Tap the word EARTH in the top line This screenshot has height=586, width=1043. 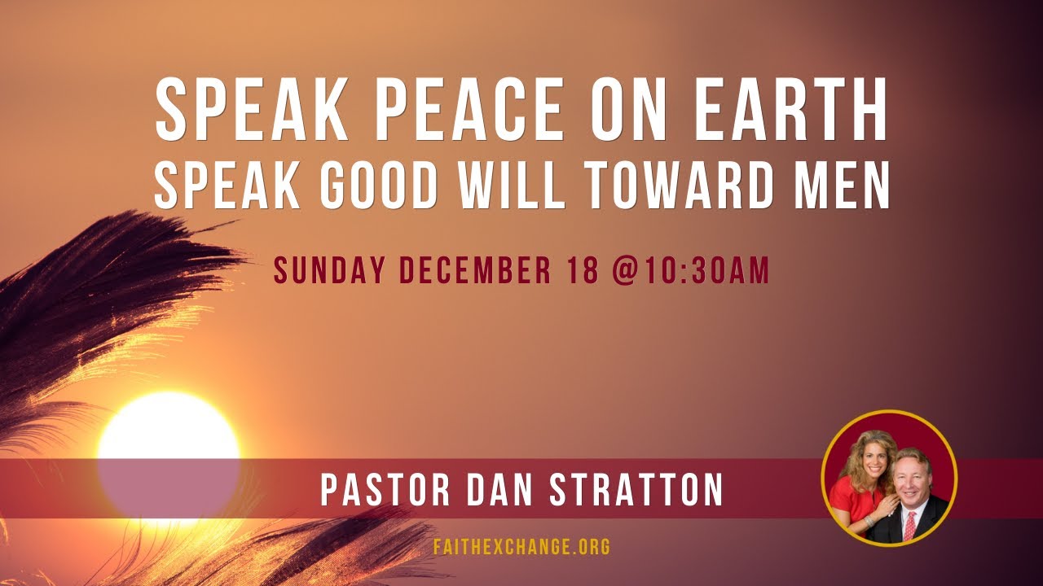pyautogui.click(x=790, y=110)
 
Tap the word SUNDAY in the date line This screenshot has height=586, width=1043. pyautogui.click(x=328, y=270)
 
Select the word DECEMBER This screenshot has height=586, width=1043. pyautogui.click(x=475, y=270)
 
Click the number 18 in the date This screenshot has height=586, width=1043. pyautogui.click(x=583, y=270)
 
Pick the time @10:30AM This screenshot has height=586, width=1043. pyautogui.click(x=690, y=270)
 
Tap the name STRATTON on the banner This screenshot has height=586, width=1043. pyautogui.click(x=636, y=490)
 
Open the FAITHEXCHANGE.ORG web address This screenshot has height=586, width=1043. pyautogui.click(x=521, y=546)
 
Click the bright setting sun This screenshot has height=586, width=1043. pyautogui.click(x=169, y=458)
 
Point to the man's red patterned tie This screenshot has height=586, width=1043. pyautogui.click(x=909, y=525)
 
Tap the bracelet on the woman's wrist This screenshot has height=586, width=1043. pyautogui.click(x=869, y=521)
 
